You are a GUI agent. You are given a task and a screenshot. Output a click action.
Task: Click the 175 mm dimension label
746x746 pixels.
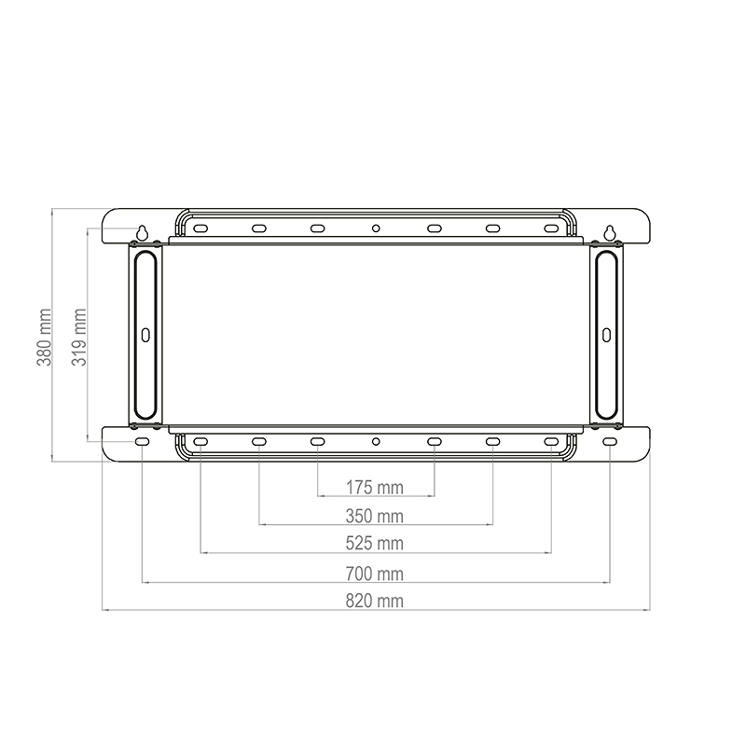pos(375,488)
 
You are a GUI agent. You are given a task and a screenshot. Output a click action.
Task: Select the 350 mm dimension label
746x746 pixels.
pos(375,517)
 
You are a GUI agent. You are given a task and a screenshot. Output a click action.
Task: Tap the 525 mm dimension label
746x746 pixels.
pos(375,544)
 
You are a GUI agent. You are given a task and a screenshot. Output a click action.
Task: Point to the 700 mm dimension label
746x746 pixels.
pos(375,573)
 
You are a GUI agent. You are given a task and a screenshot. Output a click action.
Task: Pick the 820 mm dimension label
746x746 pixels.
pos(375,601)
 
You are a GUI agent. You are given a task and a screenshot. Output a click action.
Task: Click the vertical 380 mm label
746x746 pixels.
pos(44,337)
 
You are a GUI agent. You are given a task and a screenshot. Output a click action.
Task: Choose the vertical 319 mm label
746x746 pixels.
pos(79,337)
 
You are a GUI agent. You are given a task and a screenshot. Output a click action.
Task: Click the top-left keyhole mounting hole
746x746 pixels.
pos(143,232)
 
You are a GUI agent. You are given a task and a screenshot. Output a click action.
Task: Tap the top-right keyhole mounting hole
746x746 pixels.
pos(610,232)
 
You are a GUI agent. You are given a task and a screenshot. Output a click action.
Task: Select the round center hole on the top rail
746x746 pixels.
pos(376,228)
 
